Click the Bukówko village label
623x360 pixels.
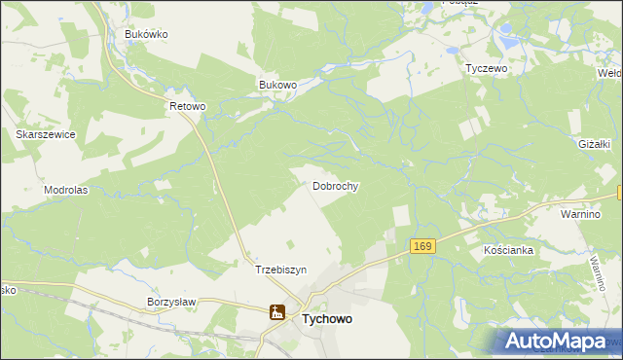coord(147,34)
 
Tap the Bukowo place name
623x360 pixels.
coord(277,85)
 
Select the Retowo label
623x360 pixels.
coord(188,106)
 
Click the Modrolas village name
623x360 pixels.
coord(65,190)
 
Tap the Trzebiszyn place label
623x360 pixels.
coord(280,270)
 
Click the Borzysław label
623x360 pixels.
coord(171,302)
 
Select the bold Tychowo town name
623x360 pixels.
coord(334,317)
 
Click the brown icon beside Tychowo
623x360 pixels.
coord(277,313)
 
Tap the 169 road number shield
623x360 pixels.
coord(421,247)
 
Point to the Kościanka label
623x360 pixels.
coord(508,250)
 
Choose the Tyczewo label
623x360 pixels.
coord(488,69)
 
